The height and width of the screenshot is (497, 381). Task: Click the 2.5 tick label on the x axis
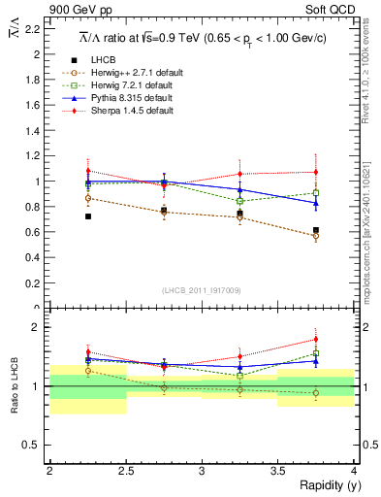click(125, 470)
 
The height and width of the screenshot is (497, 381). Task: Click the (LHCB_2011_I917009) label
click(201, 290)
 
